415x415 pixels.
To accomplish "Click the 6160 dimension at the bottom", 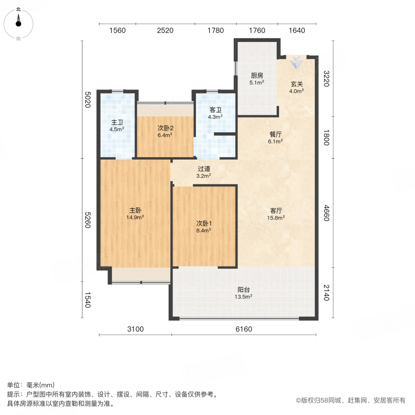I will [244, 329].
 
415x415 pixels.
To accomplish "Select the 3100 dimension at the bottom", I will [136, 329].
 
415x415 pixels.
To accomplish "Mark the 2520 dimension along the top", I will [165, 30].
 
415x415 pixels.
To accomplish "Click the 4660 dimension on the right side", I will [326, 213].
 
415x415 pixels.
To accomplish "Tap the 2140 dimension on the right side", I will [326, 293].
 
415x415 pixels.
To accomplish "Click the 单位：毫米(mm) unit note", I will [31, 385].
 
